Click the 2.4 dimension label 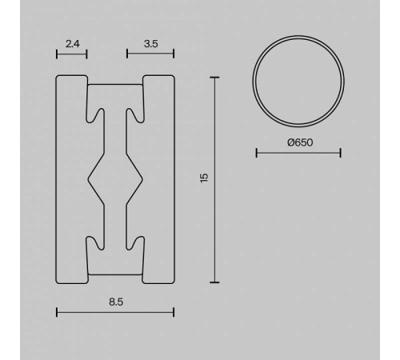[71, 45]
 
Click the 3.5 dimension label [150, 45]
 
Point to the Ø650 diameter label [298, 142]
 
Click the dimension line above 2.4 [71, 54]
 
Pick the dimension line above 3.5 [150, 54]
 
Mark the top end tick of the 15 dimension [214, 77]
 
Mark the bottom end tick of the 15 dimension [214, 282]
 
